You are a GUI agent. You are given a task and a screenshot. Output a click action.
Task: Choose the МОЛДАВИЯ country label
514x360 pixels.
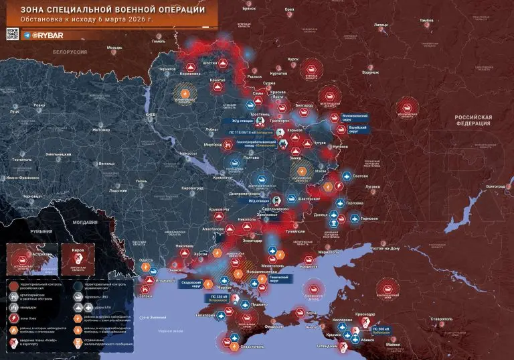click(85, 221)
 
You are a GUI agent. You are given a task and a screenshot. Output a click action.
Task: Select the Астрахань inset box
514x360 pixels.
click(30, 259)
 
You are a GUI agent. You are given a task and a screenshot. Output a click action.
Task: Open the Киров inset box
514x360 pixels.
click(78, 259)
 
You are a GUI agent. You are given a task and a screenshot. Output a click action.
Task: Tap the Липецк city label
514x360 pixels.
click(381, 25)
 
